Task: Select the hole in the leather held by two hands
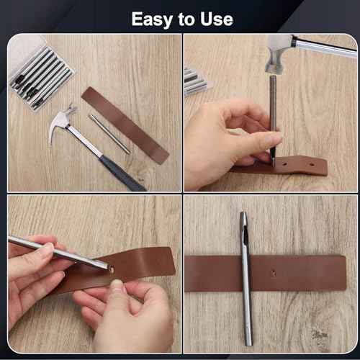pyautogui.click(x=110, y=269)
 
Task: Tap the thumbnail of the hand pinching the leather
pyautogui.click(x=116, y=286)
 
